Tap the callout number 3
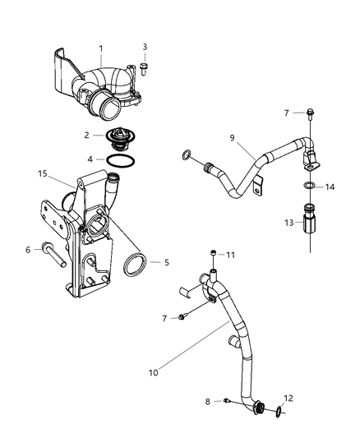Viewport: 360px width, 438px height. (x=145, y=46)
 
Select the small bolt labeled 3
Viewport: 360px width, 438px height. (x=145, y=67)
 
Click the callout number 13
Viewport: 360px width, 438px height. (x=288, y=222)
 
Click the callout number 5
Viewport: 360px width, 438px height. (x=166, y=262)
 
